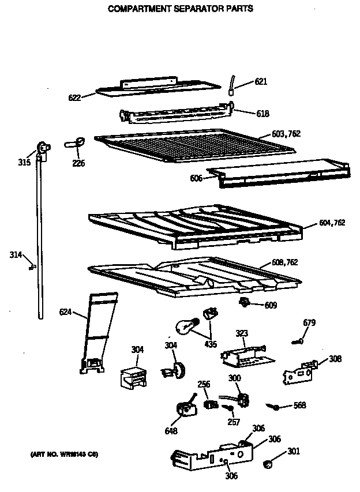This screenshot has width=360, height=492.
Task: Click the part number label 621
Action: coord(261,82)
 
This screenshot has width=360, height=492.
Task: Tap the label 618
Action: coord(262,114)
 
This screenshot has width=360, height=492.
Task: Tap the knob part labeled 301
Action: coord(267,464)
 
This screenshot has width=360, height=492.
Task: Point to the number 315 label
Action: coord(24,163)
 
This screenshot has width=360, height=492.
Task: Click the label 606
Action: coord(196,178)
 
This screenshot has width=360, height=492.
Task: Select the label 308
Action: coord(335,359)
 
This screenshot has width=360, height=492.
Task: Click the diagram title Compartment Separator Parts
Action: coord(180,9)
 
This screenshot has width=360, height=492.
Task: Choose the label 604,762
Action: coord(332,223)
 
